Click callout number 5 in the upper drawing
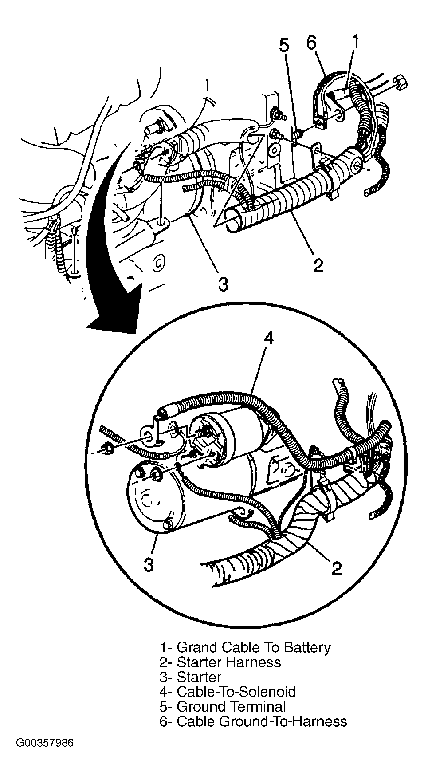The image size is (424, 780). [284, 46]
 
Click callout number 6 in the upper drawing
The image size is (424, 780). [311, 44]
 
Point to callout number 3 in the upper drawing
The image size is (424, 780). [223, 284]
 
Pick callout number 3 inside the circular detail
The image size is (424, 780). [149, 564]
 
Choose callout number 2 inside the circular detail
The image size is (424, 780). [337, 567]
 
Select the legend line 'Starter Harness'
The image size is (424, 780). [220, 662]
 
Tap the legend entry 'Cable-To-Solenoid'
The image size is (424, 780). [228, 691]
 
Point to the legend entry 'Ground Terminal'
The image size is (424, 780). [223, 706]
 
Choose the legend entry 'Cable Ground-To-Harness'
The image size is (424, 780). [253, 721]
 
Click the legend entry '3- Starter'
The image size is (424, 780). [190, 677]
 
